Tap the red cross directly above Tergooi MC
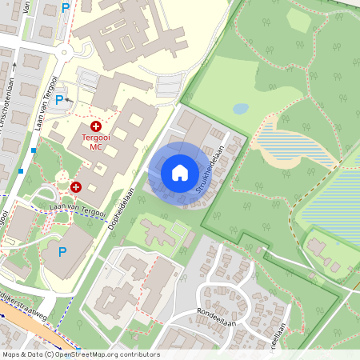coord(96,126)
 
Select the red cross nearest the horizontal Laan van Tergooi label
coord(76,186)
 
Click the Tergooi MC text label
coord(96,142)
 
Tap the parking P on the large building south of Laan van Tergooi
coord(62,252)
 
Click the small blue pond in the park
coord(240,108)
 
